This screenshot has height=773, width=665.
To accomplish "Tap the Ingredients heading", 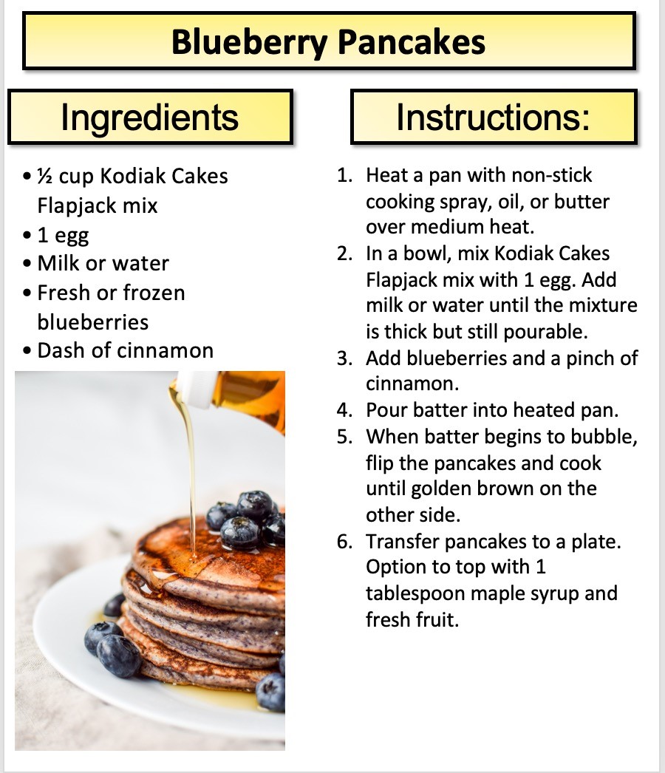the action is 150,118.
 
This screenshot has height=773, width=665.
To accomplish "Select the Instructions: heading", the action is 493,118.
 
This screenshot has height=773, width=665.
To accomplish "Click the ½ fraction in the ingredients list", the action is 45,176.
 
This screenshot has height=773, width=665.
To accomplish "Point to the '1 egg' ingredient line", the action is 63,236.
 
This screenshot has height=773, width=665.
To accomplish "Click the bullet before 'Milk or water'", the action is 27,263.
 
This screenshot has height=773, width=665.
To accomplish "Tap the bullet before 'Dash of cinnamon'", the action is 27,351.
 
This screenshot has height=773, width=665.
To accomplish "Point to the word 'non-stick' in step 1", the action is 552,175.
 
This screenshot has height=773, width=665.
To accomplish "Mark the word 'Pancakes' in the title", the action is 412,42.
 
